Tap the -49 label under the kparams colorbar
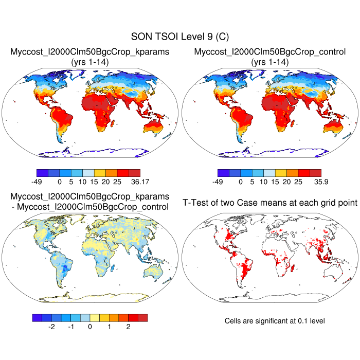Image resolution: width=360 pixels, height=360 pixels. click(x=38, y=182)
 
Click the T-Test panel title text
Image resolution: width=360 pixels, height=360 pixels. click(x=270, y=203)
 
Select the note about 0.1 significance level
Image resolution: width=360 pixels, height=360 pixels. click(x=275, y=321)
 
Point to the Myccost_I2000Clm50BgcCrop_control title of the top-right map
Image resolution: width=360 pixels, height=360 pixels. click(x=270, y=52)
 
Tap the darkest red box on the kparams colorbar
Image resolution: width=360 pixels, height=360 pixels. click(x=134, y=173)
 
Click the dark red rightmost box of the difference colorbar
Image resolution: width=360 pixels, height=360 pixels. click(x=142, y=317)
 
